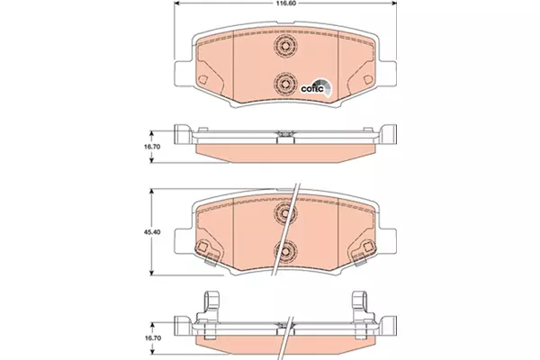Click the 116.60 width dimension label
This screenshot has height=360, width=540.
286,3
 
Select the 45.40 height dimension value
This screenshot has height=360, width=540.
152,232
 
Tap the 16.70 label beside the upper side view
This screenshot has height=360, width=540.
152,147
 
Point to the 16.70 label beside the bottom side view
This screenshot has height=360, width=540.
153,338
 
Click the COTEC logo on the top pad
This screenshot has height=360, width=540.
317,88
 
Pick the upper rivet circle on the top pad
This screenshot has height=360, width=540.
285,45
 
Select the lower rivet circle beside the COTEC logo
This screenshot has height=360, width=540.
285,83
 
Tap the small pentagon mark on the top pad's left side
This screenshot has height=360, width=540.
203,80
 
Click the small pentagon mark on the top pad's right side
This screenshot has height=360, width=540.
368,80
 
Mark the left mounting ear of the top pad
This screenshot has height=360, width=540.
183,73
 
